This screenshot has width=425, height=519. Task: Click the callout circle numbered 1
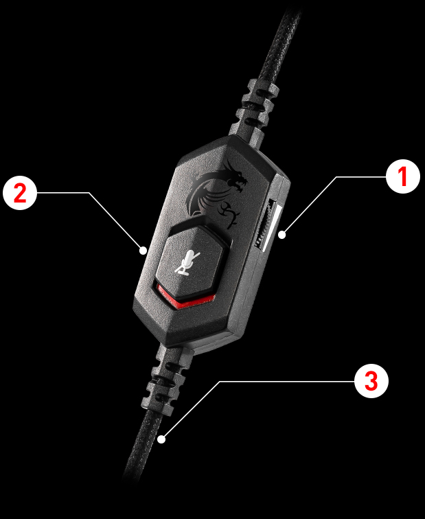403,176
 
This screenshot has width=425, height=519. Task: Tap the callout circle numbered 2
20,193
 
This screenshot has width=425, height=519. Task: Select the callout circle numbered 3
371,381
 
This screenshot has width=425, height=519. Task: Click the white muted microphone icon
187,263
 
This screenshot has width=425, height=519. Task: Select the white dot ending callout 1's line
282,235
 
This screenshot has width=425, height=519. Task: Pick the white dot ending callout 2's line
143,251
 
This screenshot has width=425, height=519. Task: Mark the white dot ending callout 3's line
161,439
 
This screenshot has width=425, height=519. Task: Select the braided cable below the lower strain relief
142,447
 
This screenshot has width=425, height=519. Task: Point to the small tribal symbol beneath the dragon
229,214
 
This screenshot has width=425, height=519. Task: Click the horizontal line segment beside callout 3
287,381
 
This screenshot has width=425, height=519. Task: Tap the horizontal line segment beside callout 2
63,193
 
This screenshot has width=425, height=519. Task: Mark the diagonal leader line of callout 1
310,205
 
